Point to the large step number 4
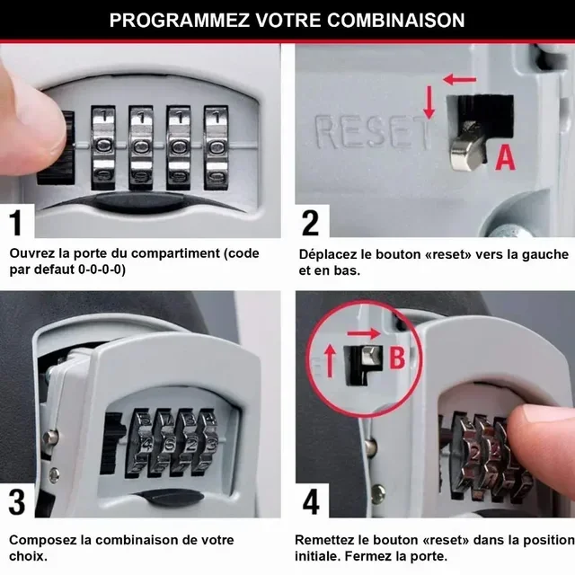click(x=311, y=501)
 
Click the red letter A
click(x=506, y=158)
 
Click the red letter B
click(x=398, y=358)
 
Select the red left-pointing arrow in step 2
click(x=460, y=80)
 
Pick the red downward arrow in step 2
click(x=429, y=103)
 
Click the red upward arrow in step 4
click(x=329, y=361)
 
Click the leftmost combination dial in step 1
click(x=104, y=146)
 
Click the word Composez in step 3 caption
click(x=41, y=540)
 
